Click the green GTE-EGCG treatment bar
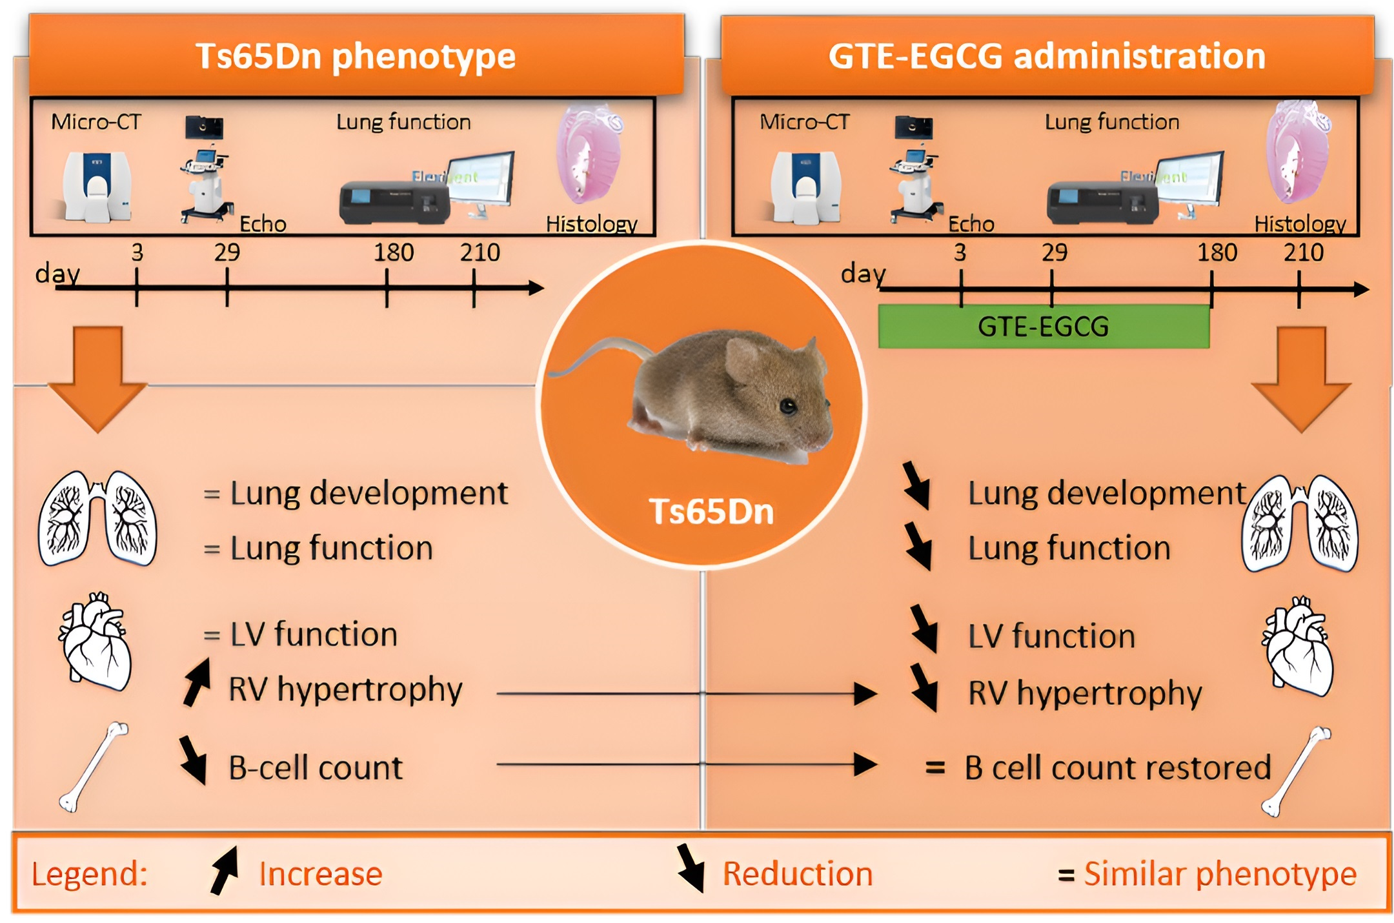(1043, 327)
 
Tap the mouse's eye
(787, 406)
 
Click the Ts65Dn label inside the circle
(711, 511)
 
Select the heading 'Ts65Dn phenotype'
(356, 56)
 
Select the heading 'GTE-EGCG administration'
(1047, 56)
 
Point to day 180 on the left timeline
(387, 288)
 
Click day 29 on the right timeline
(1052, 288)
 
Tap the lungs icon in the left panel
(97, 518)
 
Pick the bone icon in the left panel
(94, 767)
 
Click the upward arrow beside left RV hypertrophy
(197, 683)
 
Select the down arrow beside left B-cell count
(193, 760)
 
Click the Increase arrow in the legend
(225, 871)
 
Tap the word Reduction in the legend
(798, 874)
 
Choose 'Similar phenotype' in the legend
(1220, 874)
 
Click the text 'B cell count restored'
(1118, 768)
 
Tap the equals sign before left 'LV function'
(212, 636)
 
